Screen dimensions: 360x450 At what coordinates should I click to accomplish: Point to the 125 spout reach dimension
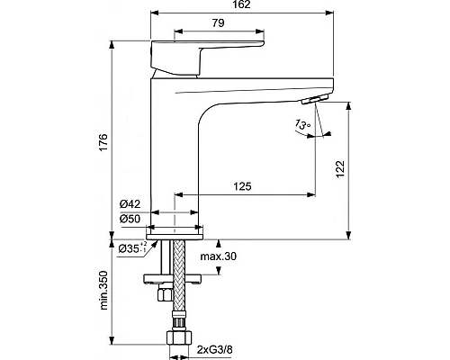click(241, 186)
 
